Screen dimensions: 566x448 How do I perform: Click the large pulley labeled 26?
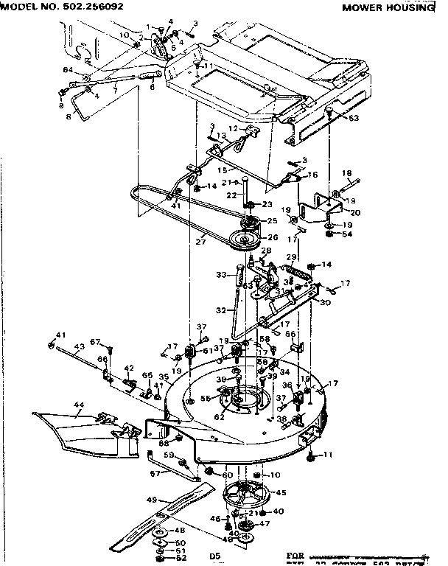[x=243, y=240]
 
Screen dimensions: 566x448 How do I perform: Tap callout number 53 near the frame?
[x=354, y=118]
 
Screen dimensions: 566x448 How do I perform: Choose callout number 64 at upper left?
[x=68, y=69]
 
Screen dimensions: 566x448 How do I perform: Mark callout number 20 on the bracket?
[x=355, y=212]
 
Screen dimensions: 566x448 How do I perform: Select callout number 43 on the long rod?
[x=80, y=346]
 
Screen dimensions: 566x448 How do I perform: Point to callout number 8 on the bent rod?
[x=70, y=116]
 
